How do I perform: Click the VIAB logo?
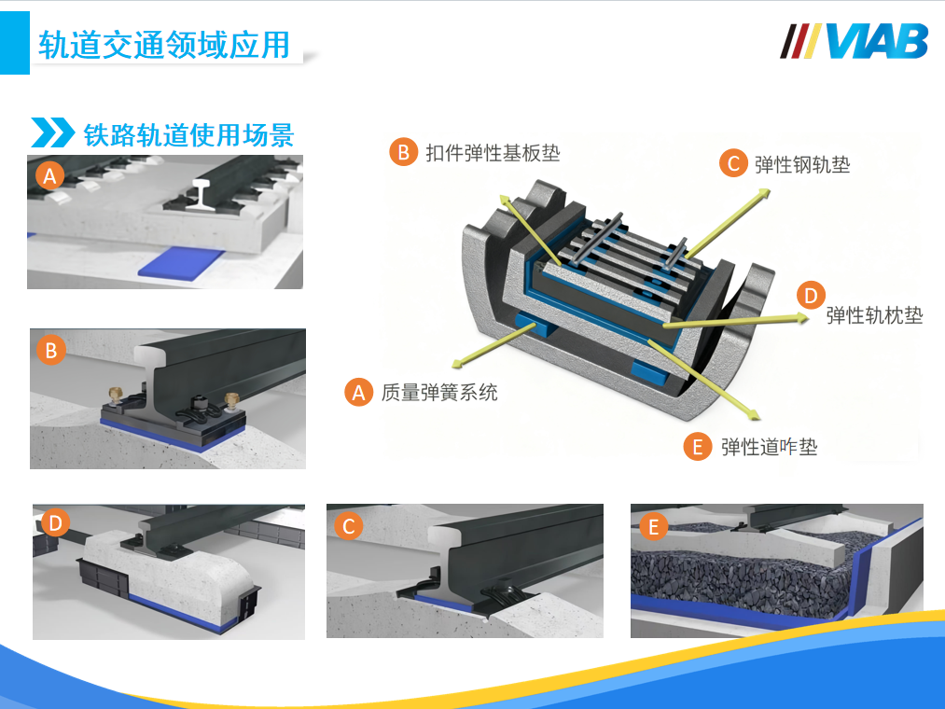(x=854, y=41)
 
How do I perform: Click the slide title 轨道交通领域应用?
(x=164, y=45)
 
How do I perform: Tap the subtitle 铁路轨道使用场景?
(x=188, y=134)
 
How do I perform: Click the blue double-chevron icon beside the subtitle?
(x=53, y=132)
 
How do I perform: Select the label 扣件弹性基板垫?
(x=493, y=153)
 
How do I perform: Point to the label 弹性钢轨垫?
(x=802, y=164)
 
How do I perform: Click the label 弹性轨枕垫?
(x=874, y=315)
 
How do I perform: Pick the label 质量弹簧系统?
(x=439, y=393)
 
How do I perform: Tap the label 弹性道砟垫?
(x=769, y=447)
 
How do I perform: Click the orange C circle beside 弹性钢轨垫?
(x=733, y=163)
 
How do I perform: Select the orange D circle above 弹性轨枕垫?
(x=811, y=296)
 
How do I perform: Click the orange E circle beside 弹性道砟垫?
(x=698, y=447)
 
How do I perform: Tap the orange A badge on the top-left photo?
(x=50, y=176)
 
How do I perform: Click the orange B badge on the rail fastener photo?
(x=51, y=350)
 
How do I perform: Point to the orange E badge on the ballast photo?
(x=653, y=526)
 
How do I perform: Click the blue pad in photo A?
(x=182, y=263)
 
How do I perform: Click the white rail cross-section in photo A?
(x=200, y=194)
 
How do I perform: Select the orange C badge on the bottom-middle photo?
(x=348, y=526)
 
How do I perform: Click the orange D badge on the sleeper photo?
(x=55, y=522)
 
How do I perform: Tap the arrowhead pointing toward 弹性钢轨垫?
(x=764, y=193)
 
